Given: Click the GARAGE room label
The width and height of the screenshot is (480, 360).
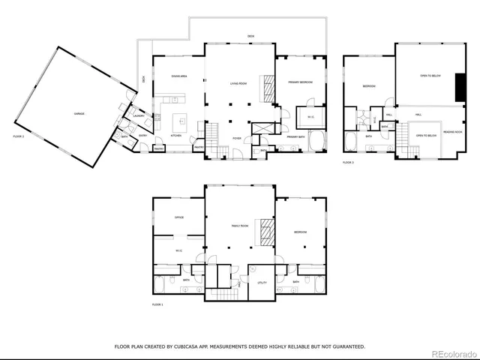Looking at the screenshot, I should click(78, 113).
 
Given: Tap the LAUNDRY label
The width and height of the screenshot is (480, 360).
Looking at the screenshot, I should click(139, 116).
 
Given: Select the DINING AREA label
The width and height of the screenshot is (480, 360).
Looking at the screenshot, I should click(178, 76).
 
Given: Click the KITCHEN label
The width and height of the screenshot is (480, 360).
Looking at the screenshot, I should click(175, 136).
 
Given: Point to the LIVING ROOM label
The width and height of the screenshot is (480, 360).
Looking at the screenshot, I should click(239, 94).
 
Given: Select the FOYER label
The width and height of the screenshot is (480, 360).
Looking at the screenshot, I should click(236, 139).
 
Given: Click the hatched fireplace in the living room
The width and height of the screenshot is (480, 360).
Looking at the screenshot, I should click(267, 88).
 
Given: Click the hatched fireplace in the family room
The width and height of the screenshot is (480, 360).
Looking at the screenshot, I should click(263, 232).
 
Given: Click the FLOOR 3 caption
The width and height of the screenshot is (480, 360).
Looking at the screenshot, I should click(348, 162).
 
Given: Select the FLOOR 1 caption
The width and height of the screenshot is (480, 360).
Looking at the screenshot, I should click(157, 304).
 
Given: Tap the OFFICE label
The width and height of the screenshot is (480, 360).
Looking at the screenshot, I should click(179, 217).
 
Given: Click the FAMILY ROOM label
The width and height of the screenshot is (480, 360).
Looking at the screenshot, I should click(239, 225).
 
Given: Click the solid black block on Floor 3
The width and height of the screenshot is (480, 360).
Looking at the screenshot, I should click(459, 88).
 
